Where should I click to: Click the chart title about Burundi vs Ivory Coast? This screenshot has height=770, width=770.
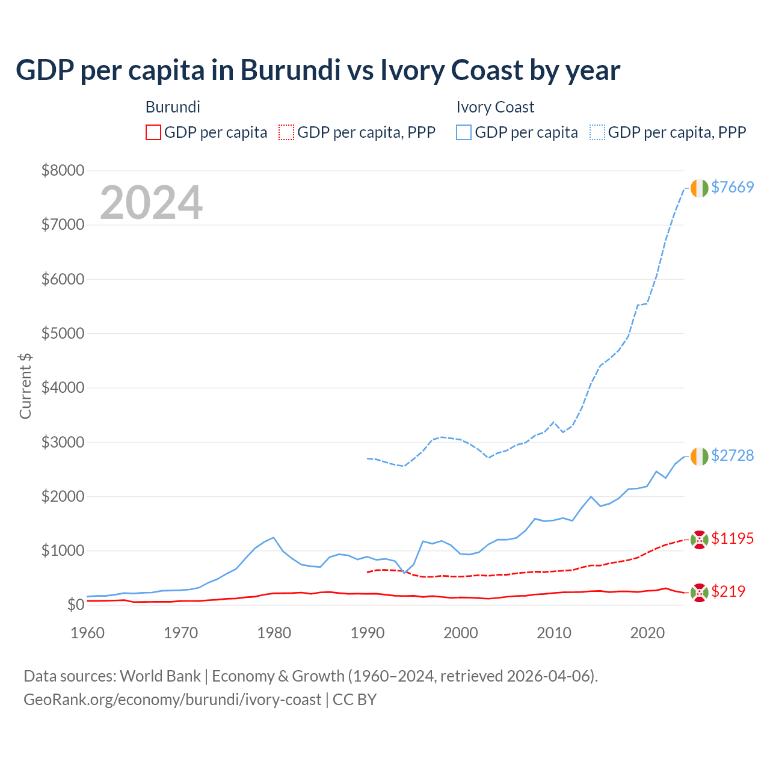(318, 70)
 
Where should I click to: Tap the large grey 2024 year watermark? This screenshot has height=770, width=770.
(151, 203)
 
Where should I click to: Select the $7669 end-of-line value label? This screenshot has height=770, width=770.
(732, 187)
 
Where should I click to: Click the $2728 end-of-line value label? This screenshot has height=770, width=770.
(732, 455)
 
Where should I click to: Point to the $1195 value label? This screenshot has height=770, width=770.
(732, 538)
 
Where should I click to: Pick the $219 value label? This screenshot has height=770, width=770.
(728, 591)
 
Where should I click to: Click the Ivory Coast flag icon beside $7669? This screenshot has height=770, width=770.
(699, 188)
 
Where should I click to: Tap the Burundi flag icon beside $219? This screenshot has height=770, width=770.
(699, 593)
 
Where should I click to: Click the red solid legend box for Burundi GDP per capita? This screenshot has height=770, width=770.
(153, 132)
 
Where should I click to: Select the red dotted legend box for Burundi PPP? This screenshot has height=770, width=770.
(286, 132)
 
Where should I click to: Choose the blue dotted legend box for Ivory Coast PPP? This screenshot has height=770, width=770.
(597, 132)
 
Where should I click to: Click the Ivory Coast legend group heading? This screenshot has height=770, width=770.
(495, 107)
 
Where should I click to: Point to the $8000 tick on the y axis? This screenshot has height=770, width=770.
(63, 170)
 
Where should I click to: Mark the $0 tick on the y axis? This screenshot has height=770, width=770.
(75, 605)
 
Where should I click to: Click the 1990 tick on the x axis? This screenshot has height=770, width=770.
(368, 633)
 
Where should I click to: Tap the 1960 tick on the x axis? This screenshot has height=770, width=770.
(88, 633)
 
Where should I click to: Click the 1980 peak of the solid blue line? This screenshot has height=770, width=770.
(274, 537)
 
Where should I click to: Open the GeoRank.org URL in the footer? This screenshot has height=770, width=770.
(172, 700)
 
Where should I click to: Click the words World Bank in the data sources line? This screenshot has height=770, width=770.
(160, 676)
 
